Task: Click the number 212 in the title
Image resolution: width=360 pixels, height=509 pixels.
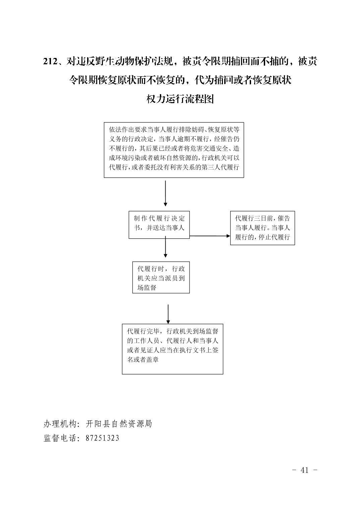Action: click(51, 61)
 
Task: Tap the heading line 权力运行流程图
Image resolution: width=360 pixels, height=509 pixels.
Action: click(180, 99)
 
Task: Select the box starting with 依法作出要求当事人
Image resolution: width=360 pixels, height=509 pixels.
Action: click(174, 150)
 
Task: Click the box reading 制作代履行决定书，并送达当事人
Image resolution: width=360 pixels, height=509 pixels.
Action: click(159, 225)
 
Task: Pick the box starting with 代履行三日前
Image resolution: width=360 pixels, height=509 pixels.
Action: click(262, 228)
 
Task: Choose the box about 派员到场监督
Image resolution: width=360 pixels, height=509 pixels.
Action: click(161, 277)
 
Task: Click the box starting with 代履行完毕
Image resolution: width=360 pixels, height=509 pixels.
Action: click(172, 349)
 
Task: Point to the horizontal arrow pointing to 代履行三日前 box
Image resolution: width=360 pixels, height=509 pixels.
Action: click(210, 236)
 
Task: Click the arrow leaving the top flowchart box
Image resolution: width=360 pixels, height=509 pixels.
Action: click(165, 193)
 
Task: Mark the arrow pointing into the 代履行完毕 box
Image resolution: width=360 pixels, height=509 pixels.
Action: click(168, 314)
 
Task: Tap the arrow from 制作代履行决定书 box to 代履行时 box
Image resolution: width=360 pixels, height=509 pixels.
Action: click(165, 247)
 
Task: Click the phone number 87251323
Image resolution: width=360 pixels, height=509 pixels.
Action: click(102, 438)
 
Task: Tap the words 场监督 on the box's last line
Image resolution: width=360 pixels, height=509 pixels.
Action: click(147, 287)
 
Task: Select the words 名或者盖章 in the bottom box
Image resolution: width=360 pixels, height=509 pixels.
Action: click(143, 359)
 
